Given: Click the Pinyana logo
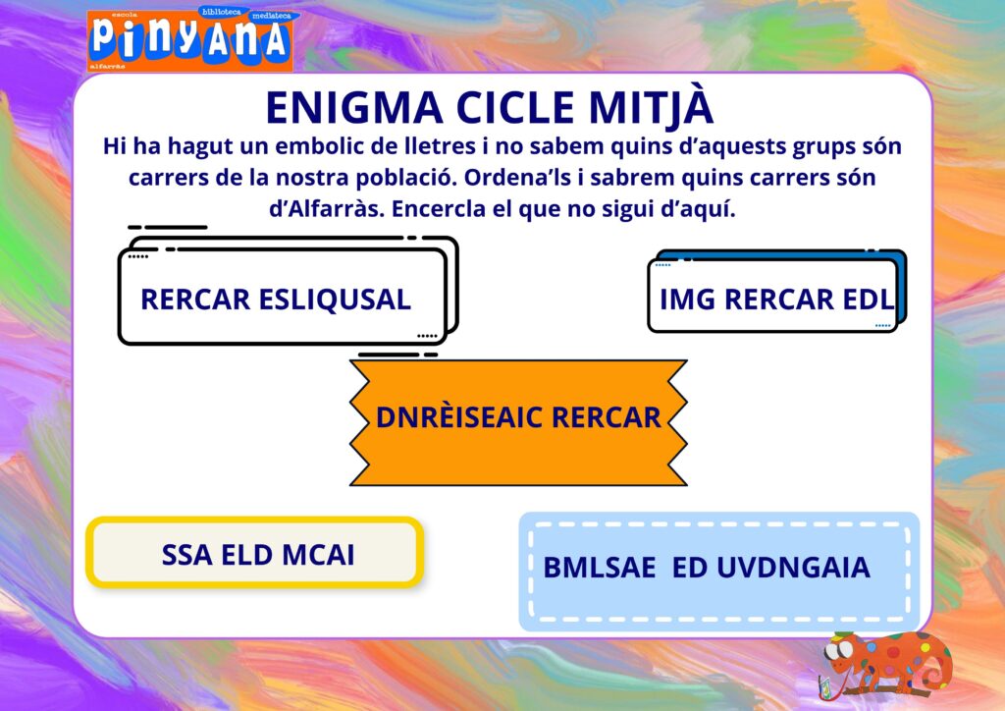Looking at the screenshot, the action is click(190, 39).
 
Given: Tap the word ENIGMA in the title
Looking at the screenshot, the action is click(354, 108).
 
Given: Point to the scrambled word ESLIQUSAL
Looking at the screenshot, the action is click(335, 300).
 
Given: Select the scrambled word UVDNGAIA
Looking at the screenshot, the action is click(793, 568).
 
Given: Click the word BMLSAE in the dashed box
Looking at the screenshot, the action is click(600, 568).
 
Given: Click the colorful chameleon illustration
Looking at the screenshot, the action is click(885, 665).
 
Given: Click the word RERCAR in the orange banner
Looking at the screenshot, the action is click(606, 417).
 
